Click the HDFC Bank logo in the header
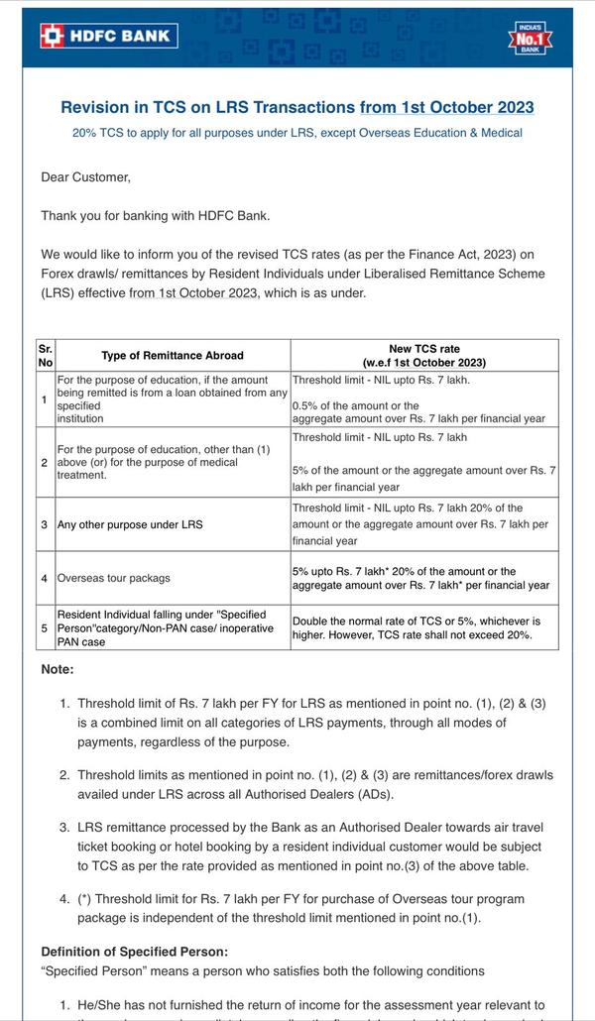point(107,36)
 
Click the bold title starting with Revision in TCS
point(297,107)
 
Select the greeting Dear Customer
point(86,176)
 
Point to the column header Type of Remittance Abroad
point(172,355)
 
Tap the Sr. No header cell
point(46,355)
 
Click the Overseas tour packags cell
point(114,578)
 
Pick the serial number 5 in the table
point(46,627)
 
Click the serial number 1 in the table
point(46,398)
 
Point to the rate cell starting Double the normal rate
point(423,627)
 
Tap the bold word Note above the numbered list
point(58,669)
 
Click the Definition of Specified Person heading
point(134,952)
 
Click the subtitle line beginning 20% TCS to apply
point(297,133)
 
